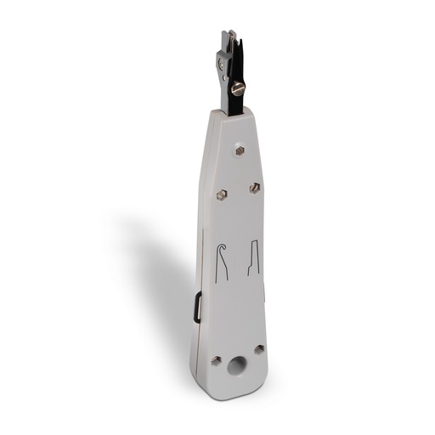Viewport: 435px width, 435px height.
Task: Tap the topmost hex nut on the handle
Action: click(240, 150)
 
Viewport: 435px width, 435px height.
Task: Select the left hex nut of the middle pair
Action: click(221, 195)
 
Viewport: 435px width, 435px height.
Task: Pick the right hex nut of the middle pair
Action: click(254, 187)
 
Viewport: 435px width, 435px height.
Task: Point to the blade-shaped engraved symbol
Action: click(253, 257)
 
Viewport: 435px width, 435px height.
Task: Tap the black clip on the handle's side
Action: click(197, 307)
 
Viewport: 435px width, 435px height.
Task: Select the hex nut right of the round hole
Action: click(259, 349)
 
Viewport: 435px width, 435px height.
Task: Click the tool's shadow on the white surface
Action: click(161, 280)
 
